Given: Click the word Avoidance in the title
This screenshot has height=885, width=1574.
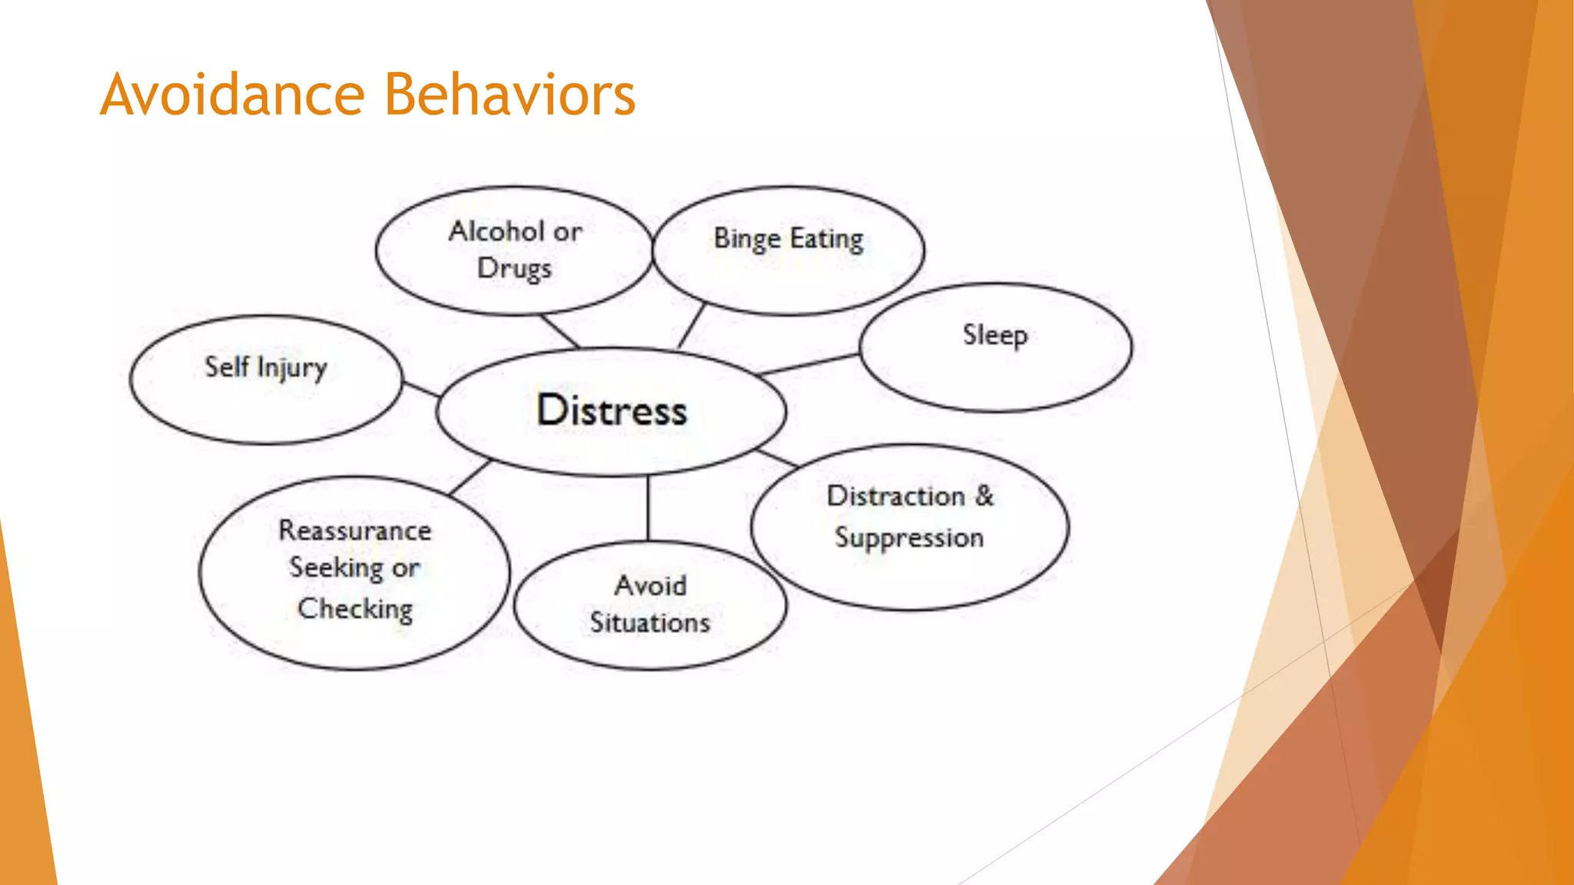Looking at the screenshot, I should [232, 94].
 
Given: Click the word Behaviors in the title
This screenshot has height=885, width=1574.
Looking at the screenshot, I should [510, 94].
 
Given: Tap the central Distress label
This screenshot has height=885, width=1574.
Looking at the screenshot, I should [612, 410].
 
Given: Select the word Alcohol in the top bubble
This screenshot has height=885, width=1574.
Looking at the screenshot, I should [496, 231].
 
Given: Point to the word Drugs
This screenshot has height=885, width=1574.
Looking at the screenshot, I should [514, 269].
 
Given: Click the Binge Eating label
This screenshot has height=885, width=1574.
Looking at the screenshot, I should [789, 239].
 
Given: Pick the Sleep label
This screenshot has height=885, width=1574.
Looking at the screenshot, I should [995, 335].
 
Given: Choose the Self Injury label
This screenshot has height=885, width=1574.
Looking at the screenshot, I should [266, 367].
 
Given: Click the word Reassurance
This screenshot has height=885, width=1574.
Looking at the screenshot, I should [355, 530].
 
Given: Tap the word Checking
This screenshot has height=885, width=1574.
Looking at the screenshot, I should [355, 608].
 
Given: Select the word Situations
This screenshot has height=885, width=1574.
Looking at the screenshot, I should [650, 622].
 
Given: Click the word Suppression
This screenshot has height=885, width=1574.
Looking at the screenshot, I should [909, 538].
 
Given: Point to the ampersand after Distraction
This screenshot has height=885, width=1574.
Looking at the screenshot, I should [985, 496].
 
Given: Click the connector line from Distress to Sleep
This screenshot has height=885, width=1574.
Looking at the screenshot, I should [809, 365].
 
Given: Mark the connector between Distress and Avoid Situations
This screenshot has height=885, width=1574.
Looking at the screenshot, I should [648, 508].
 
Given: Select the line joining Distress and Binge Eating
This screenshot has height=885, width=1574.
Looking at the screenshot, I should [692, 326].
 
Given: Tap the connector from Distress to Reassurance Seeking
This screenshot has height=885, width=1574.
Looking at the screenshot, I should [470, 477].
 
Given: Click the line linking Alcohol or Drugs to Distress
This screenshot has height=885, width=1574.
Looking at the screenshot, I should [560, 331].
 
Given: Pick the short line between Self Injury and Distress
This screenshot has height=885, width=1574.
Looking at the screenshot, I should [420, 389].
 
